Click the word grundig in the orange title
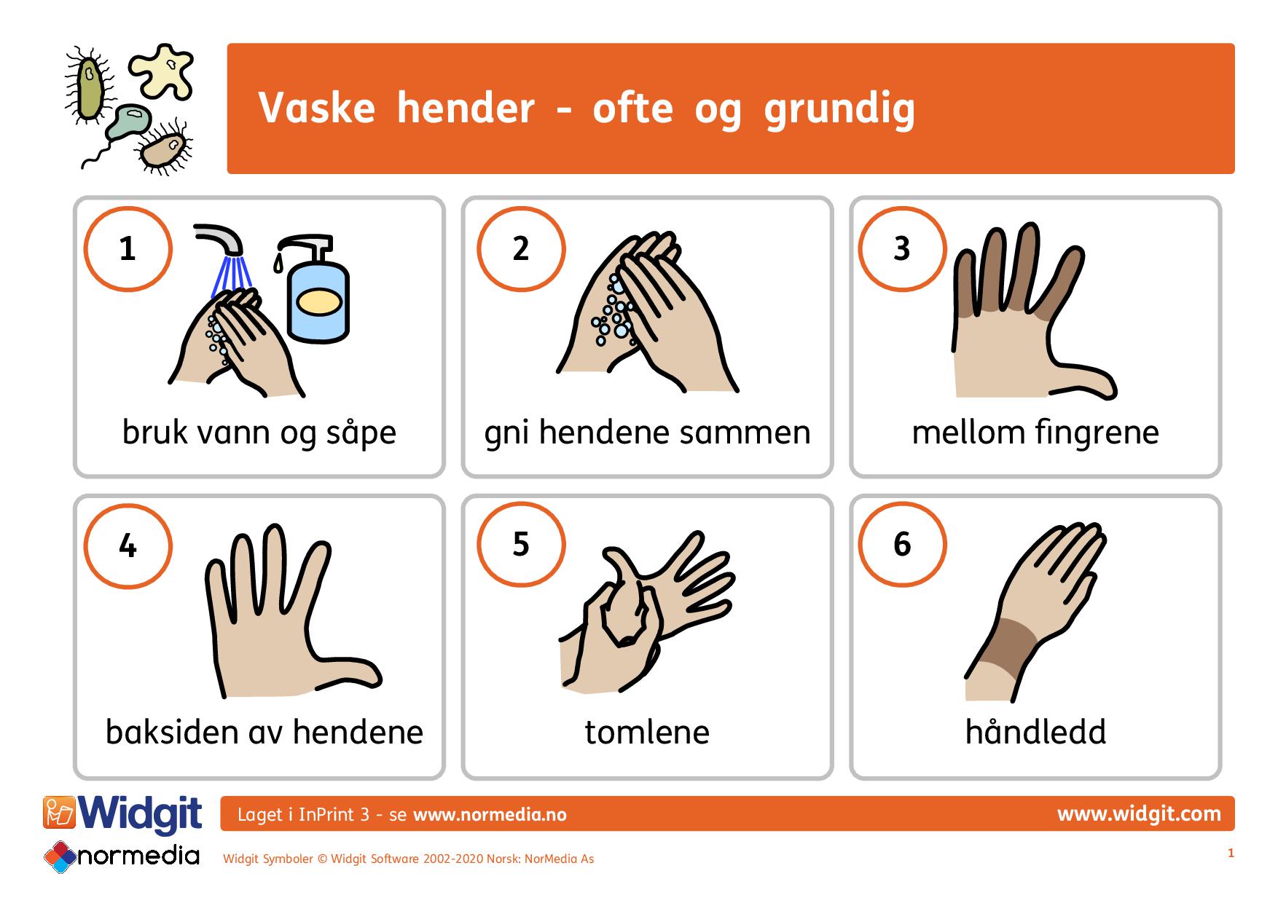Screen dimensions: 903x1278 click(839, 109)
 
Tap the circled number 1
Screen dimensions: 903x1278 click(128, 248)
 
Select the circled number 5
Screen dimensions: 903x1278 click(520, 544)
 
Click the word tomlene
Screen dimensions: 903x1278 click(646, 732)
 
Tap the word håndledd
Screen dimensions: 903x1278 click(1035, 732)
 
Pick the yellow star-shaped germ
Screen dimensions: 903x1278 click(162, 71)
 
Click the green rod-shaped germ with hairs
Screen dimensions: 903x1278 click(90, 87)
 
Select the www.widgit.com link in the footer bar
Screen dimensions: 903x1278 click(1138, 813)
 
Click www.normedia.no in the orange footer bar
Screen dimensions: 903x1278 click(490, 815)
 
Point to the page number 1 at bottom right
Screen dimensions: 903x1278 click(1231, 853)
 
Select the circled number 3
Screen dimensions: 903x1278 click(902, 248)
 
